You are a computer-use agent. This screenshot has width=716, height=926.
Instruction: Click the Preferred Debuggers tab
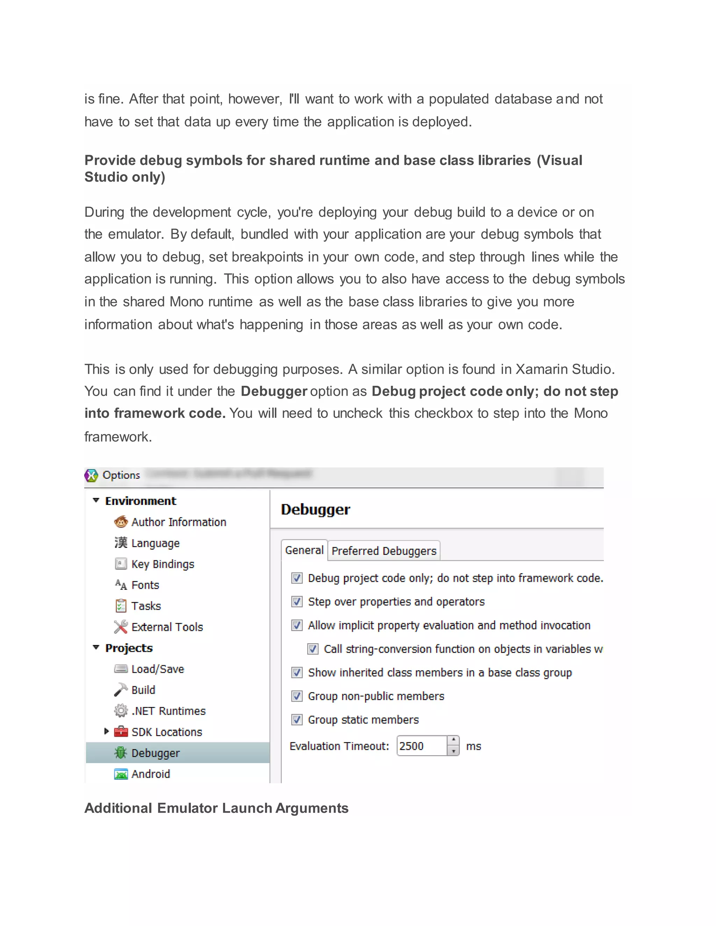384,551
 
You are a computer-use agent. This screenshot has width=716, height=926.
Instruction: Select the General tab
304,550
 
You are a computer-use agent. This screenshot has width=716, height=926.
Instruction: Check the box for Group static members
297,719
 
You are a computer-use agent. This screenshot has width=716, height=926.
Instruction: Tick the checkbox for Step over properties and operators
297,602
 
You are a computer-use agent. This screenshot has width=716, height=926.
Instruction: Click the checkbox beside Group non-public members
297,696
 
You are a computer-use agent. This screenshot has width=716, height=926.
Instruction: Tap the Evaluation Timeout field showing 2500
421,746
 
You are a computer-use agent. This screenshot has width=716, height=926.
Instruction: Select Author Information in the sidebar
178,522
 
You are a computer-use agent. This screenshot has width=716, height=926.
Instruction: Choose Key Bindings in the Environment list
163,564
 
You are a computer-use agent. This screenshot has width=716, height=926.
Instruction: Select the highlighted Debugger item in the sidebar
155,753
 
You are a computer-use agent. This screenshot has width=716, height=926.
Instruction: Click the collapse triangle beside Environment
96,500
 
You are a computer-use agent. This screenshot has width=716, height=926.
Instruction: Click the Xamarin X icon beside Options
91,475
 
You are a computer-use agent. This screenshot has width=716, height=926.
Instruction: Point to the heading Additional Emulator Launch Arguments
216,808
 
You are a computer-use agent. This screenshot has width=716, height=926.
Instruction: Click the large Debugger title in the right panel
316,509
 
